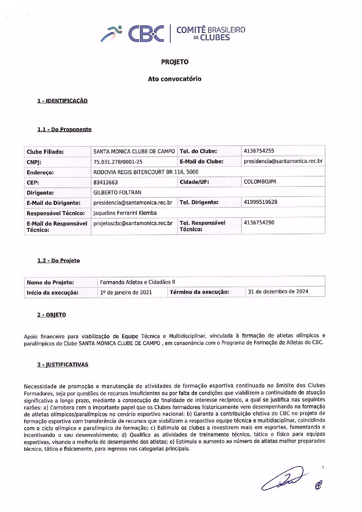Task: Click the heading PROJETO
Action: pos(174,62)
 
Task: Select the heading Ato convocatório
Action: pos(174,79)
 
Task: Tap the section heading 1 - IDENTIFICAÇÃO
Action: pos(62,101)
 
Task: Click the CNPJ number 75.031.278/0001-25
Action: pos(118,162)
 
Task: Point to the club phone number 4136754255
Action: pos(259,151)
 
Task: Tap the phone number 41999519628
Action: pos(260,202)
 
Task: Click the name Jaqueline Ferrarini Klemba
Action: pos(125,213)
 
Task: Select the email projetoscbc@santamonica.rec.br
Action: pos(133,223)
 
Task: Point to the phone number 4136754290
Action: pos(259,223)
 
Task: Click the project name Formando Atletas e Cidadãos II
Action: pos(137,282)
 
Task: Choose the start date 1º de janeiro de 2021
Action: pos(126,292)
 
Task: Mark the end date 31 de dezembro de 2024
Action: pos(278,292)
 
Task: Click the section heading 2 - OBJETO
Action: pos(52,315)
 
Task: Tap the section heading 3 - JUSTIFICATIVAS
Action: pos(63,365)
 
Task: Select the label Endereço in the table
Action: pos(40,172)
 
